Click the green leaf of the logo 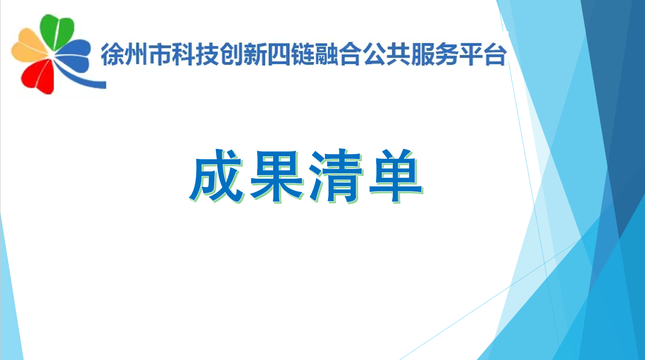57,32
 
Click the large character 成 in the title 216,176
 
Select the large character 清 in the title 336,176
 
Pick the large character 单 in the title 395,176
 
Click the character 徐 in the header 112,54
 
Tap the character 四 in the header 279,54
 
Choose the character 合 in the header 350,54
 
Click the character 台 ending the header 495,54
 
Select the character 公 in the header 374,54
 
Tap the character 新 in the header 255,54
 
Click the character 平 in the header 471,54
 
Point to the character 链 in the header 303,54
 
